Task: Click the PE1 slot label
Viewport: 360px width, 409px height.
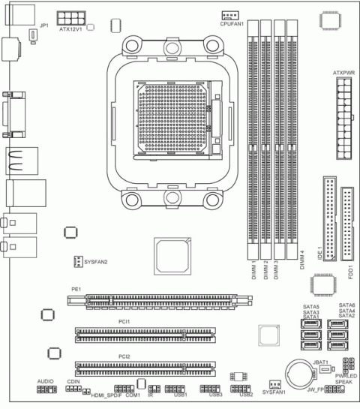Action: [76, 288]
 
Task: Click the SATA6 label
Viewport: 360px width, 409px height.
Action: [346, 305]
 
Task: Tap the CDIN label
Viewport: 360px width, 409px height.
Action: [73, 382]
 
